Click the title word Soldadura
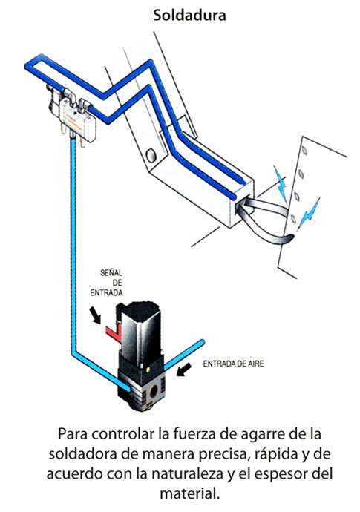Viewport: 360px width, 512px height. [x=189, y=16]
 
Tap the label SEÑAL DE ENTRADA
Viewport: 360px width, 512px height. [x=106, y=283]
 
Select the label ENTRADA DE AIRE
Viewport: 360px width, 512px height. [x=233, y=364]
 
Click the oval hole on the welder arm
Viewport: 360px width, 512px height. [x=151, y=155]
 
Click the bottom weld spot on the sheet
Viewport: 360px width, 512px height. [x=293, y=219]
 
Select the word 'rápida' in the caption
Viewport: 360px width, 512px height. [x=275, y=454]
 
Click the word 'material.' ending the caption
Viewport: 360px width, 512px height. [x=189, y=493]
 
